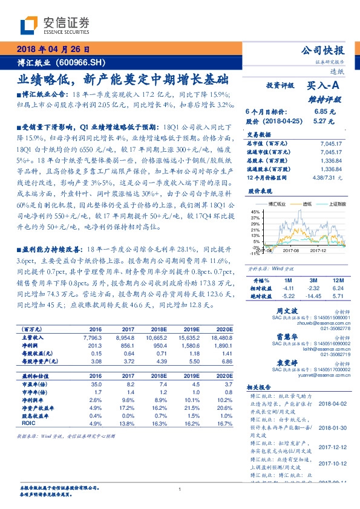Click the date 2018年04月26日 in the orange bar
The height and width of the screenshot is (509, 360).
click(53, 50)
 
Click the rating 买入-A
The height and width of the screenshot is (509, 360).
click(324, 86)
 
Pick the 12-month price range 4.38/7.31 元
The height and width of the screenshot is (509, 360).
click(327, 177)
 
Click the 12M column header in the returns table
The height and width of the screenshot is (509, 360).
click(338, 281)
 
